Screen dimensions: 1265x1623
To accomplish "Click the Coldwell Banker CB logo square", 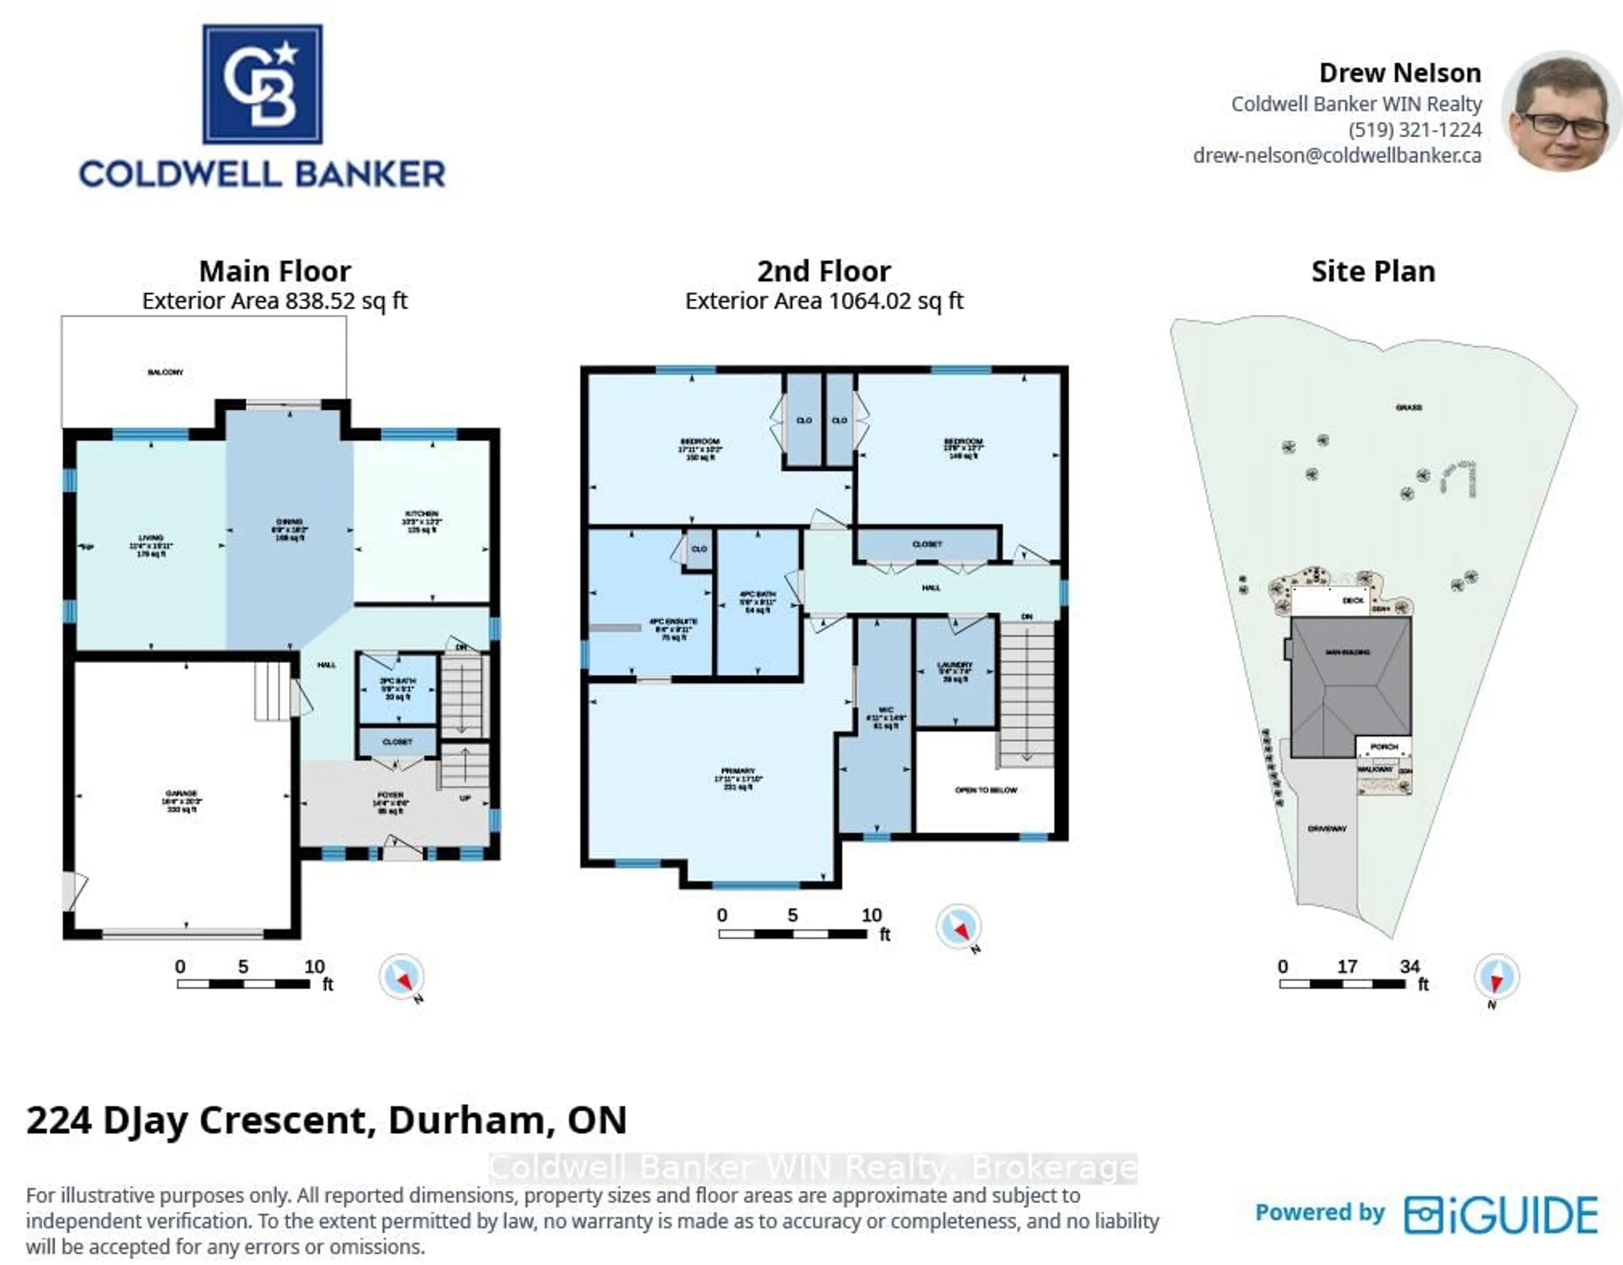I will click(262, 84).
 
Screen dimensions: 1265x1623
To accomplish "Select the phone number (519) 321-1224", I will click(1414, 130).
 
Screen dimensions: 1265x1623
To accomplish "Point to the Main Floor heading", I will click(275, 271).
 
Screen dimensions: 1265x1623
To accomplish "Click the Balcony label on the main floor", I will click(165, 372).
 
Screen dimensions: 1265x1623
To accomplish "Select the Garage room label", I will click(181, 794).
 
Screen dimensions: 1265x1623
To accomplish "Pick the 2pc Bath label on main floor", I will click(398, 681).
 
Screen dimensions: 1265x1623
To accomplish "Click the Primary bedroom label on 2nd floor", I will click(738, 771).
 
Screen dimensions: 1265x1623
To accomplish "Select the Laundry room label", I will click(955, 665).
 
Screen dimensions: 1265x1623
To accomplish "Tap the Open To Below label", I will click(985, 790).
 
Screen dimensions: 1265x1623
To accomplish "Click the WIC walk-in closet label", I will click(885, 710).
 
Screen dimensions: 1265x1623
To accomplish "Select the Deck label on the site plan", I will click(1352, 600).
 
